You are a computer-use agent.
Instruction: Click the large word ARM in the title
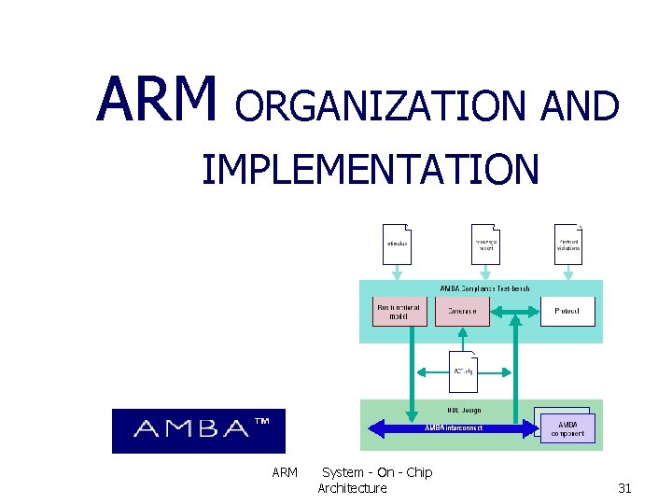(x=156, y=100)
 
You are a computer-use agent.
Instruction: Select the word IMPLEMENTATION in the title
(x=370, y=170)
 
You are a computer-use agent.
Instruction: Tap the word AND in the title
(x=580, y=107)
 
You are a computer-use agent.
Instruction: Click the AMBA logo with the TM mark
(x=198, y=430)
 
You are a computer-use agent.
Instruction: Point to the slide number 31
(x=624, y=488)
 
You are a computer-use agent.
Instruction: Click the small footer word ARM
(x=285, y=472)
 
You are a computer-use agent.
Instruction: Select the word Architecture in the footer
(x=352, y=488)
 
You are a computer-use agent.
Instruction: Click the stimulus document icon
(x=397, y=245)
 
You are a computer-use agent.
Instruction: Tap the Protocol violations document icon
(x=568, y=245)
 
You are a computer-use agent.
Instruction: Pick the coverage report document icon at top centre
(x=483, y=245)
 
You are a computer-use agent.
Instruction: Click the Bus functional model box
(x=399, y=311)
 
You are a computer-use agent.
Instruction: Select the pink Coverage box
(x=462, y=311)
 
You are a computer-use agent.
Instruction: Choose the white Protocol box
(x=567, y=311)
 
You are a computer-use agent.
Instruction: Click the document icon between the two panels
(x=464, y=371)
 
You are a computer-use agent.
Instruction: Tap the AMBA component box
(x=567, y=427)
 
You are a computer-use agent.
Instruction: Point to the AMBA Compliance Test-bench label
(x=483, y=288)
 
